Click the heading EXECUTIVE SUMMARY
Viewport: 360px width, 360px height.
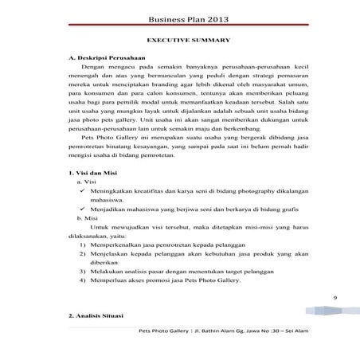185,40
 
